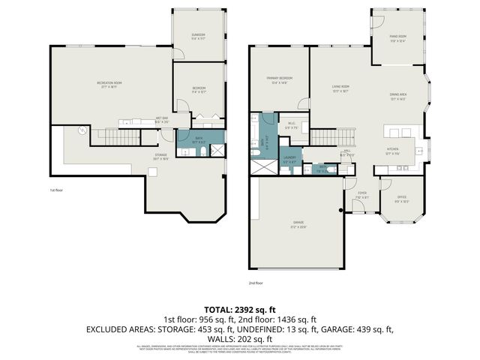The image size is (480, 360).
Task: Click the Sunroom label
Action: click(x=198, y=36)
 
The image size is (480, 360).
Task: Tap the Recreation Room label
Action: click(x=109, y=84)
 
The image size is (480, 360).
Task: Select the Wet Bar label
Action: click(x=161, y=119)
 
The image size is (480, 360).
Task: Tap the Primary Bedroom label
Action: click(x=279, y=79)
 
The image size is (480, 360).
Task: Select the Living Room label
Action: click(x=342, y=88)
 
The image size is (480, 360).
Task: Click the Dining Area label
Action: click(x=397, y=96)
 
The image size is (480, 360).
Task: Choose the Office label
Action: click(x=402, y=198)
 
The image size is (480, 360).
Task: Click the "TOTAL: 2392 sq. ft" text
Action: click(x=239, y=309)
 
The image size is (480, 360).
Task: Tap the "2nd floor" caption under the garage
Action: click(x=256, y=283)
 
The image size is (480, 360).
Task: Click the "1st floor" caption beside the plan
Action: click(x=56, y=190)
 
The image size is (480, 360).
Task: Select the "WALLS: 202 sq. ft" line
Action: click(x=239, y=337)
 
